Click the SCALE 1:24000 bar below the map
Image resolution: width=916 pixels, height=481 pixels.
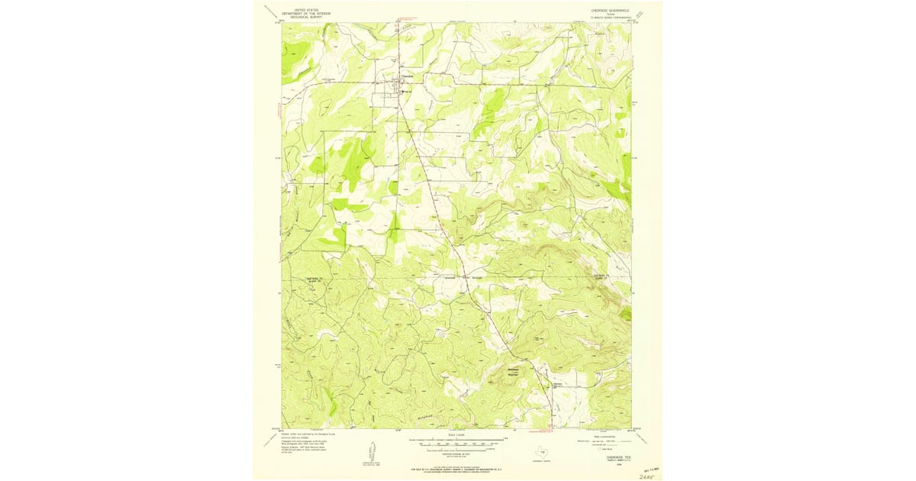point(458,440)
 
